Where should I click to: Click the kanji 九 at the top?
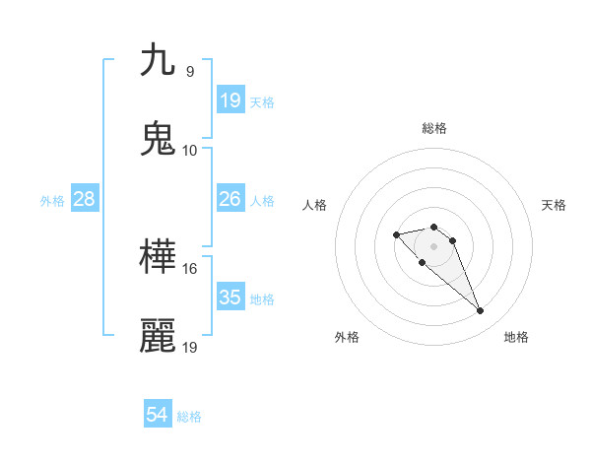158,60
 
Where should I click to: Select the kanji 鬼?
158,139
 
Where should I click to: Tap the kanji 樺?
158,257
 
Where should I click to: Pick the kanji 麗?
158,336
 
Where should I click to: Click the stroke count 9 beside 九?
189,71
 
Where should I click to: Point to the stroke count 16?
189,268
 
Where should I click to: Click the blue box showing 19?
230,100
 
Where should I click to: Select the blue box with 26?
230,199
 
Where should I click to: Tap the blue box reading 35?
230,298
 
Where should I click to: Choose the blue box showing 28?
85,199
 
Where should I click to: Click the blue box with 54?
158,416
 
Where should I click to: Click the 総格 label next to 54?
189,417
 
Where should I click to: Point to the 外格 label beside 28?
52,200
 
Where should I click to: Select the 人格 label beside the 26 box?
262,200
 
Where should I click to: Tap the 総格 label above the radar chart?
433,128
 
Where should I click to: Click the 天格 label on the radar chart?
554,205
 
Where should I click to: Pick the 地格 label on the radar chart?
516,337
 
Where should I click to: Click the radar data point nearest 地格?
480,311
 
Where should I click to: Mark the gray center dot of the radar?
433,246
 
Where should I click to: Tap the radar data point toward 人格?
396,234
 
